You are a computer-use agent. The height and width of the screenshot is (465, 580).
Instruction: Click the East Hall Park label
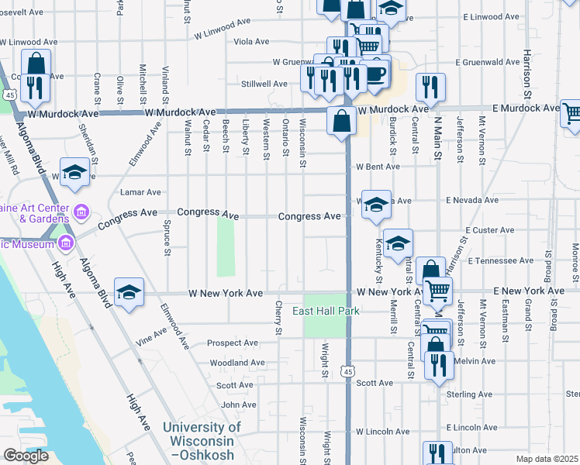(x=326, y=312)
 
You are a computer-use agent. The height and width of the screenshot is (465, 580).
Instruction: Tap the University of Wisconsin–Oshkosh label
(x=202, y=440)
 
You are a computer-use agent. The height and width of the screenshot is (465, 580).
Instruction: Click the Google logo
(x=26, y=456)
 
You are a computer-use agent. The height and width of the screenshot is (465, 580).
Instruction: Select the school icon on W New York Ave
(x=129, y=293)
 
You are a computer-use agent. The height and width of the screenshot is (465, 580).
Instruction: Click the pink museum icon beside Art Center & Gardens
(x=81, y=212)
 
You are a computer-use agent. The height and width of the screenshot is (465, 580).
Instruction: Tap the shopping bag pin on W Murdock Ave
(x=341, y=122)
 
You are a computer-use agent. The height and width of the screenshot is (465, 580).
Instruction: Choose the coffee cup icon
(x=376, y=74)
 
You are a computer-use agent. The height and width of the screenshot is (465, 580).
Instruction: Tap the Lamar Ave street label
(x=140, y=192)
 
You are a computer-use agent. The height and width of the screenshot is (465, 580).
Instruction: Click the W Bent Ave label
(x=378, y=167)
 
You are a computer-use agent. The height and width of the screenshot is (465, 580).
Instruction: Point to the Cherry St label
(x=278, y=319)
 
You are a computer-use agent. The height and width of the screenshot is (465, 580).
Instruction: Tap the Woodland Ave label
(x=237, y=363)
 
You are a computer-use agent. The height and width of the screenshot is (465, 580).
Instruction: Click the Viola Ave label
(x=251, y=41)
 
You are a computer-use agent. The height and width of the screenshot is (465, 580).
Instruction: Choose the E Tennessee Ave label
(x=500, y=261)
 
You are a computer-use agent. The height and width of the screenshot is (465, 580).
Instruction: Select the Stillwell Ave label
(x=264, y=83)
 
